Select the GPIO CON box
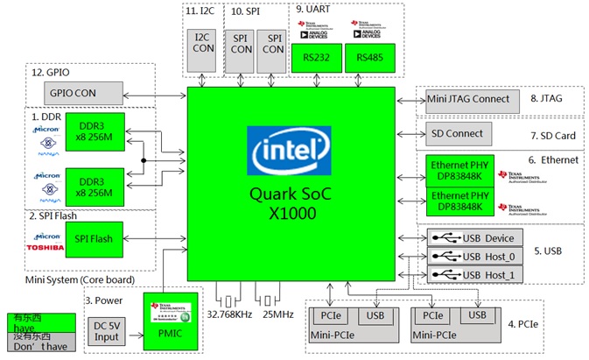(73, 91)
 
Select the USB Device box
(477, 238)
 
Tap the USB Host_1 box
(477, 275)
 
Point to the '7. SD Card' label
(552, 137)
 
